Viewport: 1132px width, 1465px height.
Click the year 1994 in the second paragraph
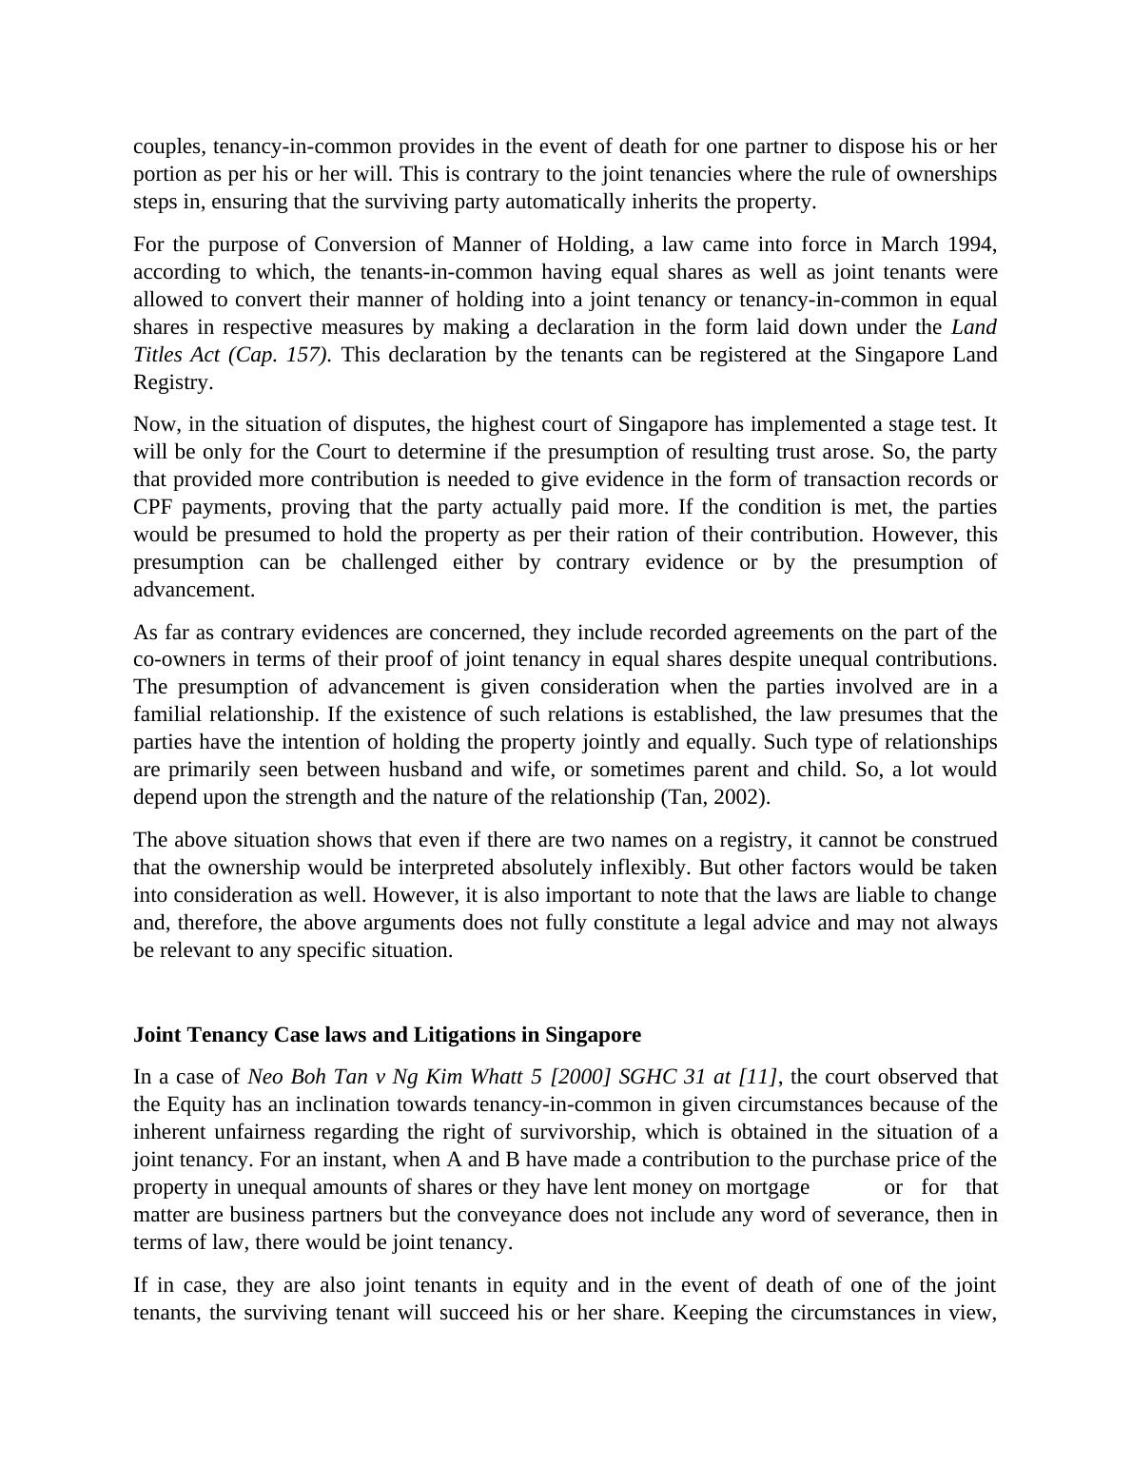pos(969,244)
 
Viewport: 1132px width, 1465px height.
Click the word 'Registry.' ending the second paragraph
pos(173,382)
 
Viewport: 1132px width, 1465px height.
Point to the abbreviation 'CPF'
pos(153,507)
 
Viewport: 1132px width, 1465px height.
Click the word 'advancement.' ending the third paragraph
pos(194,590)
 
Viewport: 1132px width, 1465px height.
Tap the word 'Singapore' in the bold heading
pos(595,1035)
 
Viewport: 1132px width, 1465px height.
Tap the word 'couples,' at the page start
pos(169,147)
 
